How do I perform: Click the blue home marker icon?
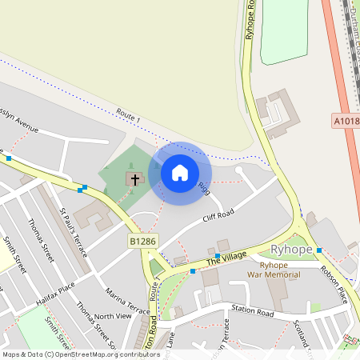[180, 172]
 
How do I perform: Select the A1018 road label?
[346, 121]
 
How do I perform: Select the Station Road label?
[252, 313]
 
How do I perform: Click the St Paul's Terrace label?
[73, 230]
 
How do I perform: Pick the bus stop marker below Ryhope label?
[319, 250]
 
